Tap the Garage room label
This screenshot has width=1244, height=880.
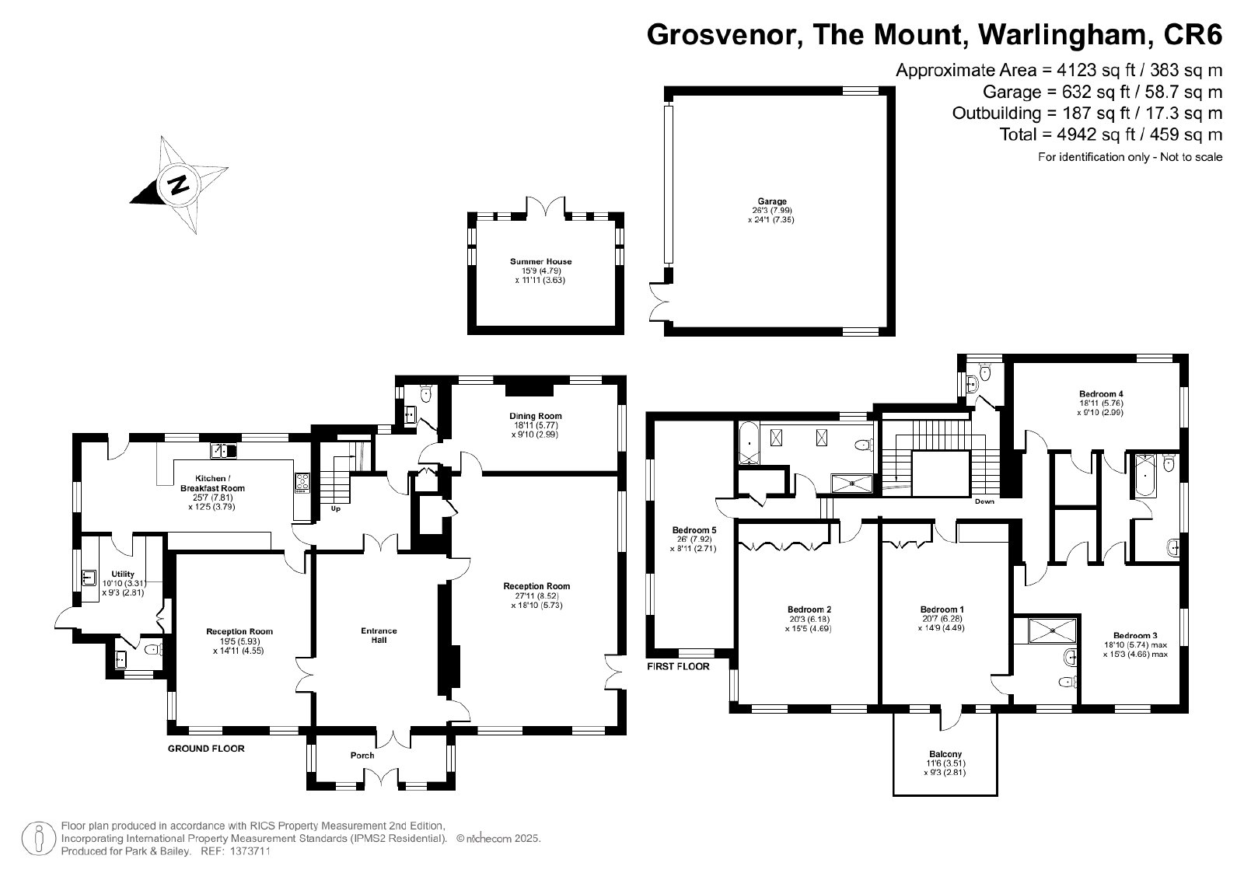coord(771,201)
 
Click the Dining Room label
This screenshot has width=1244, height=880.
coord(536,416)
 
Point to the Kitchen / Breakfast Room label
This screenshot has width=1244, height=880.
coord(212,483)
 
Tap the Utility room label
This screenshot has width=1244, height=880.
coord(123,574)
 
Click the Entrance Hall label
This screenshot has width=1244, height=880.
coord(379,635)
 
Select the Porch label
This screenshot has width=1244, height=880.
coord(362,755)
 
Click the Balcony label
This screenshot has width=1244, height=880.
coord(945,754)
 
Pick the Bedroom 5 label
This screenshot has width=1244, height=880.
coord(694,530)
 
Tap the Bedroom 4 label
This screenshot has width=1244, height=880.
coord(1101,394)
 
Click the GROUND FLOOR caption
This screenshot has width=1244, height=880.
coord(206,749)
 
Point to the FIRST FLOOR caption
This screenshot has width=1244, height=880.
coord(678,666)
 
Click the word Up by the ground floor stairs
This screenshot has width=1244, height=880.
coord(335,508)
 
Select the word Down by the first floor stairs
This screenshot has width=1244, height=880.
coord(984,501)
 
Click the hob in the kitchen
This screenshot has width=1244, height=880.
coord(302,482)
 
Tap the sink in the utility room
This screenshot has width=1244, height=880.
coord(89,578)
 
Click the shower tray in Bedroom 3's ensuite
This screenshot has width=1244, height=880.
coord(1053,630)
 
